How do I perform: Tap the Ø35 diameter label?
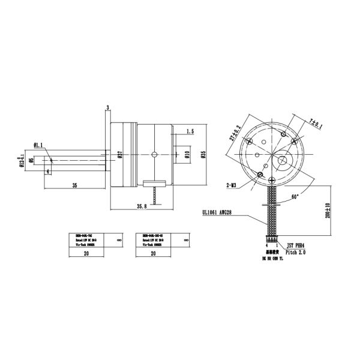coord(203,155)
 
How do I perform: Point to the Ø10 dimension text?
coord(187,155)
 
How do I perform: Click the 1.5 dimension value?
coord(190,131)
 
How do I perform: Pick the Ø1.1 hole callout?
coord(37,145)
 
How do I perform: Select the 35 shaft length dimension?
coord(74,185)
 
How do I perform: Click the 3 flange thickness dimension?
coord(107,107)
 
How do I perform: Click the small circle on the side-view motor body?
coord(154,155)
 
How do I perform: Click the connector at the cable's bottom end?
coord(271,239)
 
